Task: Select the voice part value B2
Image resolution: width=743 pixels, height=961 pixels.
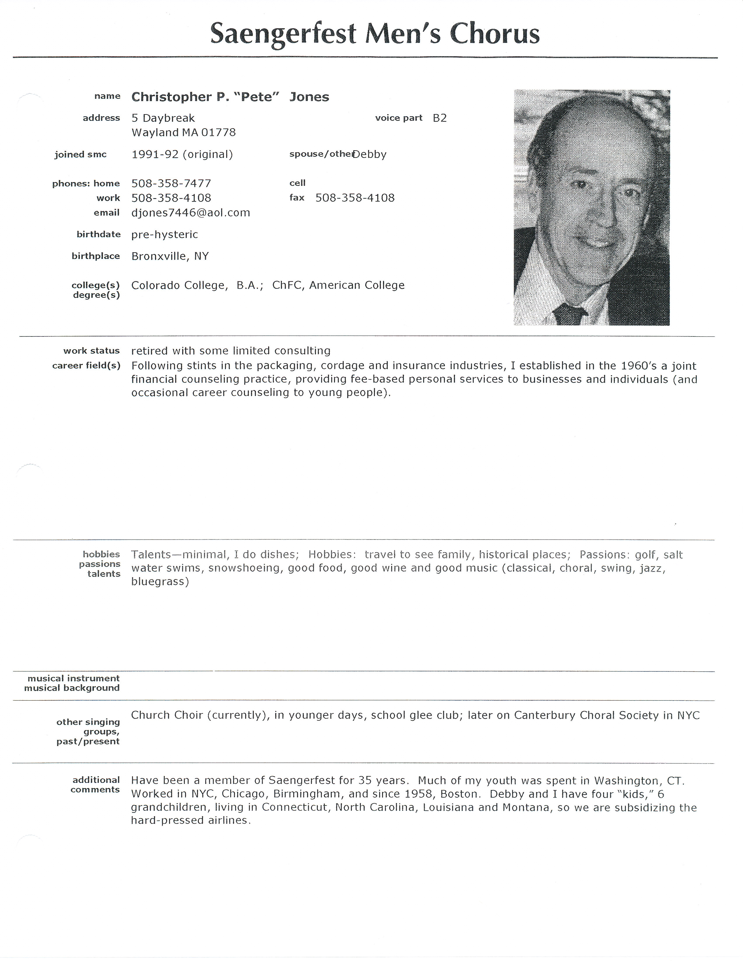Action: point(440,118)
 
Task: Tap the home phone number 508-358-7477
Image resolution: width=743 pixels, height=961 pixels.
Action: point(171,184)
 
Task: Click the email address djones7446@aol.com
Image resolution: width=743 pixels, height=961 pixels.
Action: point(191,213)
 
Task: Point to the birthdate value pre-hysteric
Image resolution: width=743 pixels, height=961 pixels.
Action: point(165,234)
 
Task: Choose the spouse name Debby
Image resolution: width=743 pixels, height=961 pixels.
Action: point(370,154)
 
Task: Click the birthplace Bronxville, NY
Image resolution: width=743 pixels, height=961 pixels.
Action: point(170,256)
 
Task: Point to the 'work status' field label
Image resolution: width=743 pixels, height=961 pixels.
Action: point(92,351)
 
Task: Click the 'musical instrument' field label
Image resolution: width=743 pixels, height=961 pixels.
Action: point(73,678)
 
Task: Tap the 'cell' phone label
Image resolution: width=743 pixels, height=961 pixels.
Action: point(297,183)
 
